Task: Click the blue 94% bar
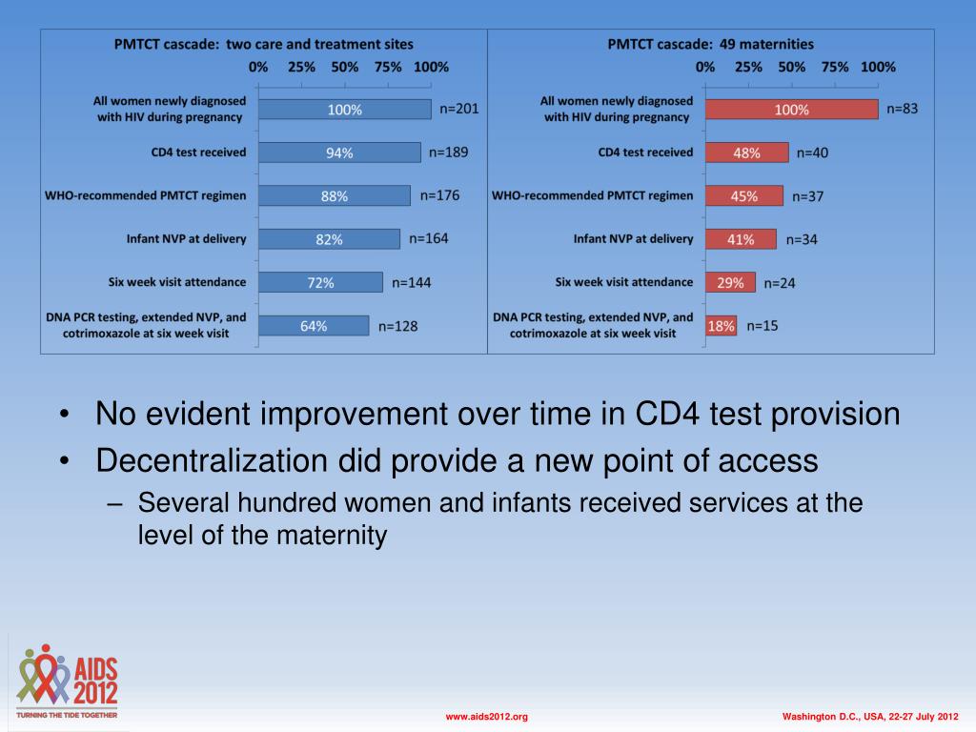coord(339,152)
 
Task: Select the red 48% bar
coord(747,152)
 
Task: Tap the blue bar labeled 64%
coord(314,326)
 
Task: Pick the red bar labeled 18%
coord(721,326)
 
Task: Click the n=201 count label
coord(459,109)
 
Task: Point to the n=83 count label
coord(903,109)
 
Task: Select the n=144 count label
coord(411,282)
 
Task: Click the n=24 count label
coord(780,282)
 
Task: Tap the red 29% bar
coord(730,282)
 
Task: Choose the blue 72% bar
coord(320,282)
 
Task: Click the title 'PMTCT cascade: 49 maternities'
coord(711,44)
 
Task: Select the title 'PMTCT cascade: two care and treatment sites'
coord(264,44)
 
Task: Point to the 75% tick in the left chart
coord(388,67)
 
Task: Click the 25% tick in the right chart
coord(748,67)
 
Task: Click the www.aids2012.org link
coord(487,716)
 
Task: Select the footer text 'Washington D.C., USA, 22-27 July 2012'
coord(869,716)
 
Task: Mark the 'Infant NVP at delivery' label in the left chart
coord(186,239)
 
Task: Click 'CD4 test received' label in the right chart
coord(645,152)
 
